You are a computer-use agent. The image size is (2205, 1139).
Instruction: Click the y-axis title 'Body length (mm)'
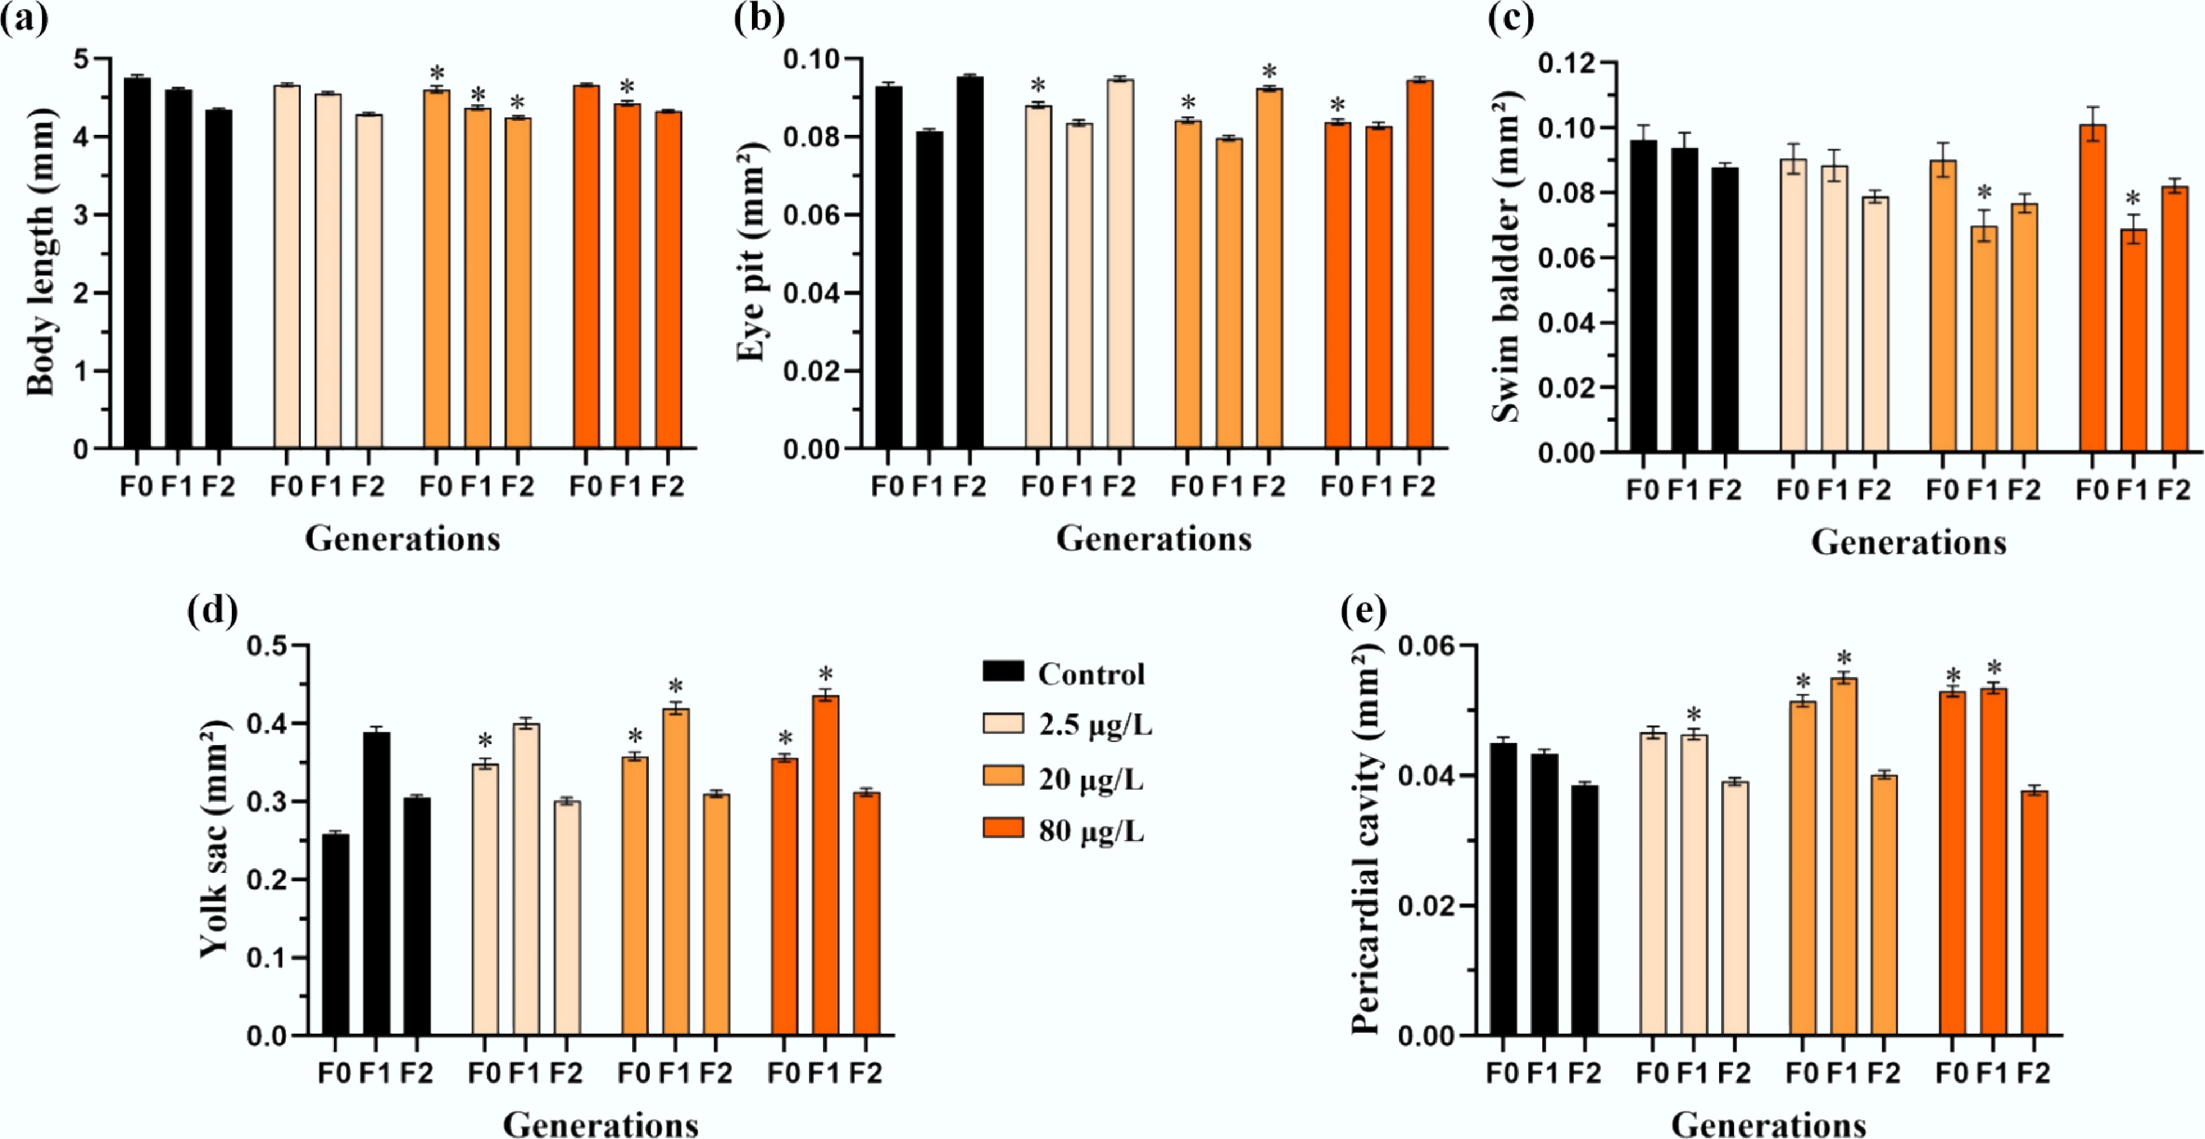(x=40, y=253)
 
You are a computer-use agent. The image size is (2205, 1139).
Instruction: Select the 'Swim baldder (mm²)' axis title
(x=1505, y=257)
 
